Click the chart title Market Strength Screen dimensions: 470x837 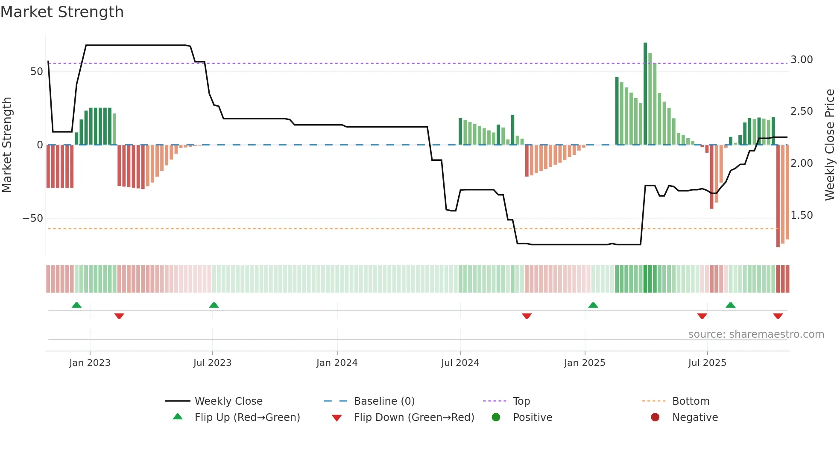[62, 12]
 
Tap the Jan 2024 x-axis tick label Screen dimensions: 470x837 [337, 363]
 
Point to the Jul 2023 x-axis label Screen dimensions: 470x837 [212, 363]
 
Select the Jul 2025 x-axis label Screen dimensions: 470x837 [707, 363]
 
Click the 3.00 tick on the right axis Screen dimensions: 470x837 [802, 60]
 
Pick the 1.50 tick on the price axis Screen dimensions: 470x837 [802, 215]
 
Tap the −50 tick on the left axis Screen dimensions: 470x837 [33, 218]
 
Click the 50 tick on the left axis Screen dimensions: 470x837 [37, 72]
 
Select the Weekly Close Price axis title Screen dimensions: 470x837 [830, 145]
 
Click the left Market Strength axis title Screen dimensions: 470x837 [7, 145]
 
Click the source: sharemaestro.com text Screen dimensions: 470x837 [756, 334]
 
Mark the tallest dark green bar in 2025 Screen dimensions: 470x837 [645, 94]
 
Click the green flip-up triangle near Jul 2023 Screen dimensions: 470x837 [214, 305]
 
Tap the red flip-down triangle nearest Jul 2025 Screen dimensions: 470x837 [702, 316]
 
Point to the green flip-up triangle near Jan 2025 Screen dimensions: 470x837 [593, 305]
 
